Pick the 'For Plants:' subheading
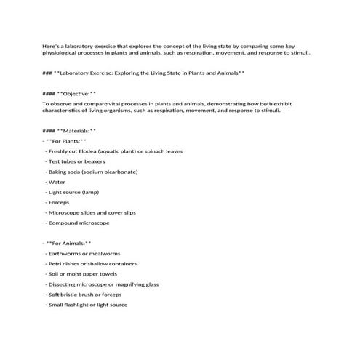[x=66, y=140]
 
